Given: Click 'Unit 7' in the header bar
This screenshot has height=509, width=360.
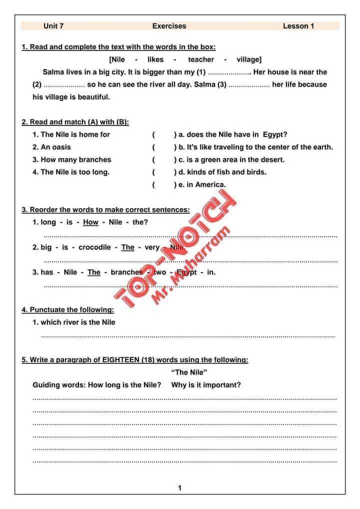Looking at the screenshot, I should click(53, 26).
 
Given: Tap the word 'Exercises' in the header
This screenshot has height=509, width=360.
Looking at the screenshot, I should click(169, 26).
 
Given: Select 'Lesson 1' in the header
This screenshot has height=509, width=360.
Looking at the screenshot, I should click(298, 26).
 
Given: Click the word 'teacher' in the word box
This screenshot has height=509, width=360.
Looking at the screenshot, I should click(200, 59).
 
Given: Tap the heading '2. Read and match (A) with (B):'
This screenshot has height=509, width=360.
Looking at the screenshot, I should click(75, 122).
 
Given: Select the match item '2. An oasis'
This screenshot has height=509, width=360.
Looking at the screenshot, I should click(52, 147).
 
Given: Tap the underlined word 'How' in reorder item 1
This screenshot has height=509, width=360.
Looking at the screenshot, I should click(90, 222).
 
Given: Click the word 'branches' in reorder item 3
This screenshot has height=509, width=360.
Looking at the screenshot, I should click(126, 272).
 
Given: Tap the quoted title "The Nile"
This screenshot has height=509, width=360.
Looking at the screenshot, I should click(189, 372).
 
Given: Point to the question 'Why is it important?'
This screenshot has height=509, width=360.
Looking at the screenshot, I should click(206, 384).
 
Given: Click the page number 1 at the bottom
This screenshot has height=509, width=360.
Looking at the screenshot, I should click(180, 488).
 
